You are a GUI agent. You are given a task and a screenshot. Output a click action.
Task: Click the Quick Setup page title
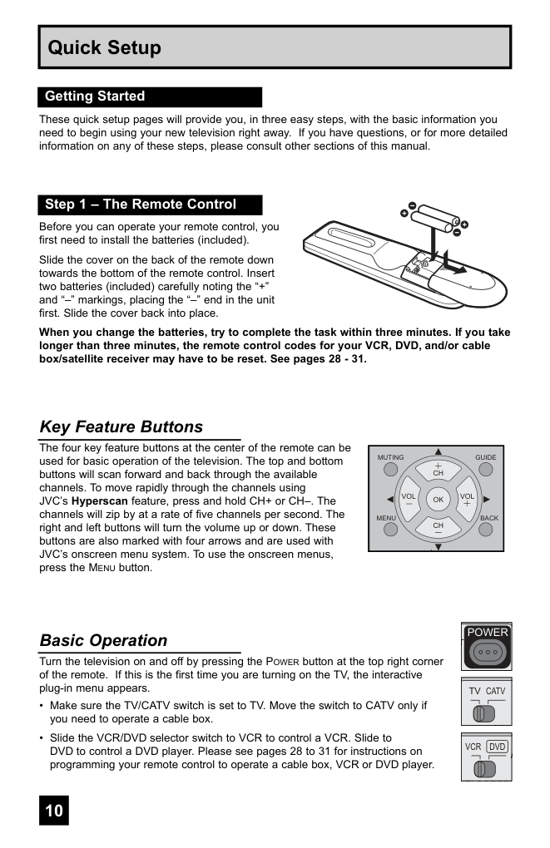pos(105,48)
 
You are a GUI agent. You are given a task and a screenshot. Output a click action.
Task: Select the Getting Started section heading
pos(95,96)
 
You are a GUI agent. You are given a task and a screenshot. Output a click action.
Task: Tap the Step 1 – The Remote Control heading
pos(141,205)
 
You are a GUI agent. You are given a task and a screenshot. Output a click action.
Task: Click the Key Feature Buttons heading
pos(121,427)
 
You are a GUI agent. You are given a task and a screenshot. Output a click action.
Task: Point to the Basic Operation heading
pos(103,641)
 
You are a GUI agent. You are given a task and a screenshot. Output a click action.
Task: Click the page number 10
pos(54,811)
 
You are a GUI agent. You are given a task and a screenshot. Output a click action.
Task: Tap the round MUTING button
pos(390,470)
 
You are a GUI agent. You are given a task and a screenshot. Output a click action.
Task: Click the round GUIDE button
pos(486,470)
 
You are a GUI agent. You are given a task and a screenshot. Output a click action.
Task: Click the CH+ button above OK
pos(438,470)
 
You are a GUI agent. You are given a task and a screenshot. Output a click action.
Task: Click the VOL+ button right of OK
pos(468,500)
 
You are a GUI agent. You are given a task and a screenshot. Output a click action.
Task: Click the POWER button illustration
pos(487,653)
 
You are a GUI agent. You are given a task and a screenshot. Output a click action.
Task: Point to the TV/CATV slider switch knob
pos(478,712)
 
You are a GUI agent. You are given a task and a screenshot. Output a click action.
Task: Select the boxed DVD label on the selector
pos(497,747)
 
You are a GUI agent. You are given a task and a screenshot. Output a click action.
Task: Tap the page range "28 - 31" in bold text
pos(346,359)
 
